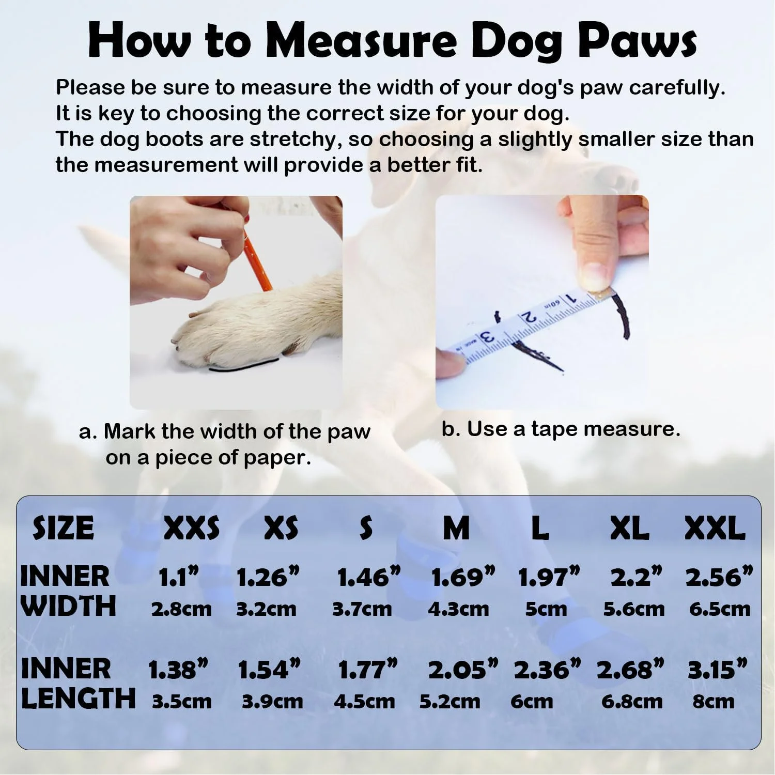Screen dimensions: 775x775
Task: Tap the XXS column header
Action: [192, 528]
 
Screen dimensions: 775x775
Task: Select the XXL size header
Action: [715, 528]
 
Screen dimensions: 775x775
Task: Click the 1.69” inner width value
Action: [463, 577]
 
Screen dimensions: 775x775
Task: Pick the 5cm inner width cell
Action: [546, 609]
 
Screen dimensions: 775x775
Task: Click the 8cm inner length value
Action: [714, 701]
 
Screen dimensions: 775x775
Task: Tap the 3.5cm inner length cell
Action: [181, 701]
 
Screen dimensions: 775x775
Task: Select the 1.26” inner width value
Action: [268, 577]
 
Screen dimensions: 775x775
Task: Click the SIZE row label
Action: [63, 528]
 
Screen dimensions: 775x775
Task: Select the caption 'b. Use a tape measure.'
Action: [561, 429]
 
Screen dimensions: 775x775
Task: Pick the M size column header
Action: [456, 528]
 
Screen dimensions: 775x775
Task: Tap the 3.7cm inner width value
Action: [362, 609]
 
